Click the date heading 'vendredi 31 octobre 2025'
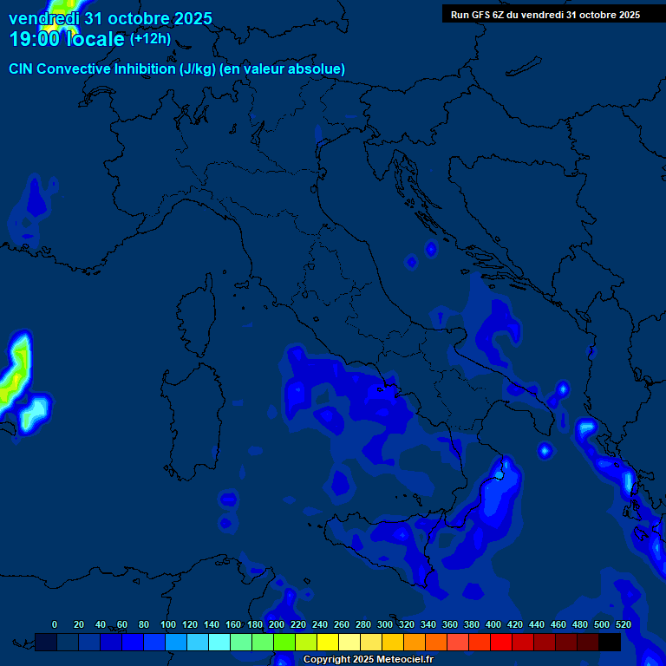pos(110,18)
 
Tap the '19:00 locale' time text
pos(67,39)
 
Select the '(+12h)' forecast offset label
pos(150,39)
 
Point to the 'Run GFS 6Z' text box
pos(545,14)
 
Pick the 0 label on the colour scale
pos(55,624)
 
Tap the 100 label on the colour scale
pos(168,624)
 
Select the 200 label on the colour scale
pos(277,624)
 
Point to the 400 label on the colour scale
pos(493,624)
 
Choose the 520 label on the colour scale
pos(623,624)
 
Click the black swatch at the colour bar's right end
pos(610,642)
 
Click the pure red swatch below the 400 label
pos(501,642)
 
